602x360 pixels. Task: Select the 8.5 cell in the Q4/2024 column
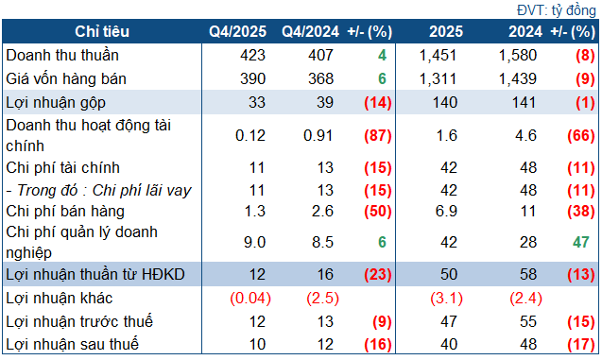tap(323, 242)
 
